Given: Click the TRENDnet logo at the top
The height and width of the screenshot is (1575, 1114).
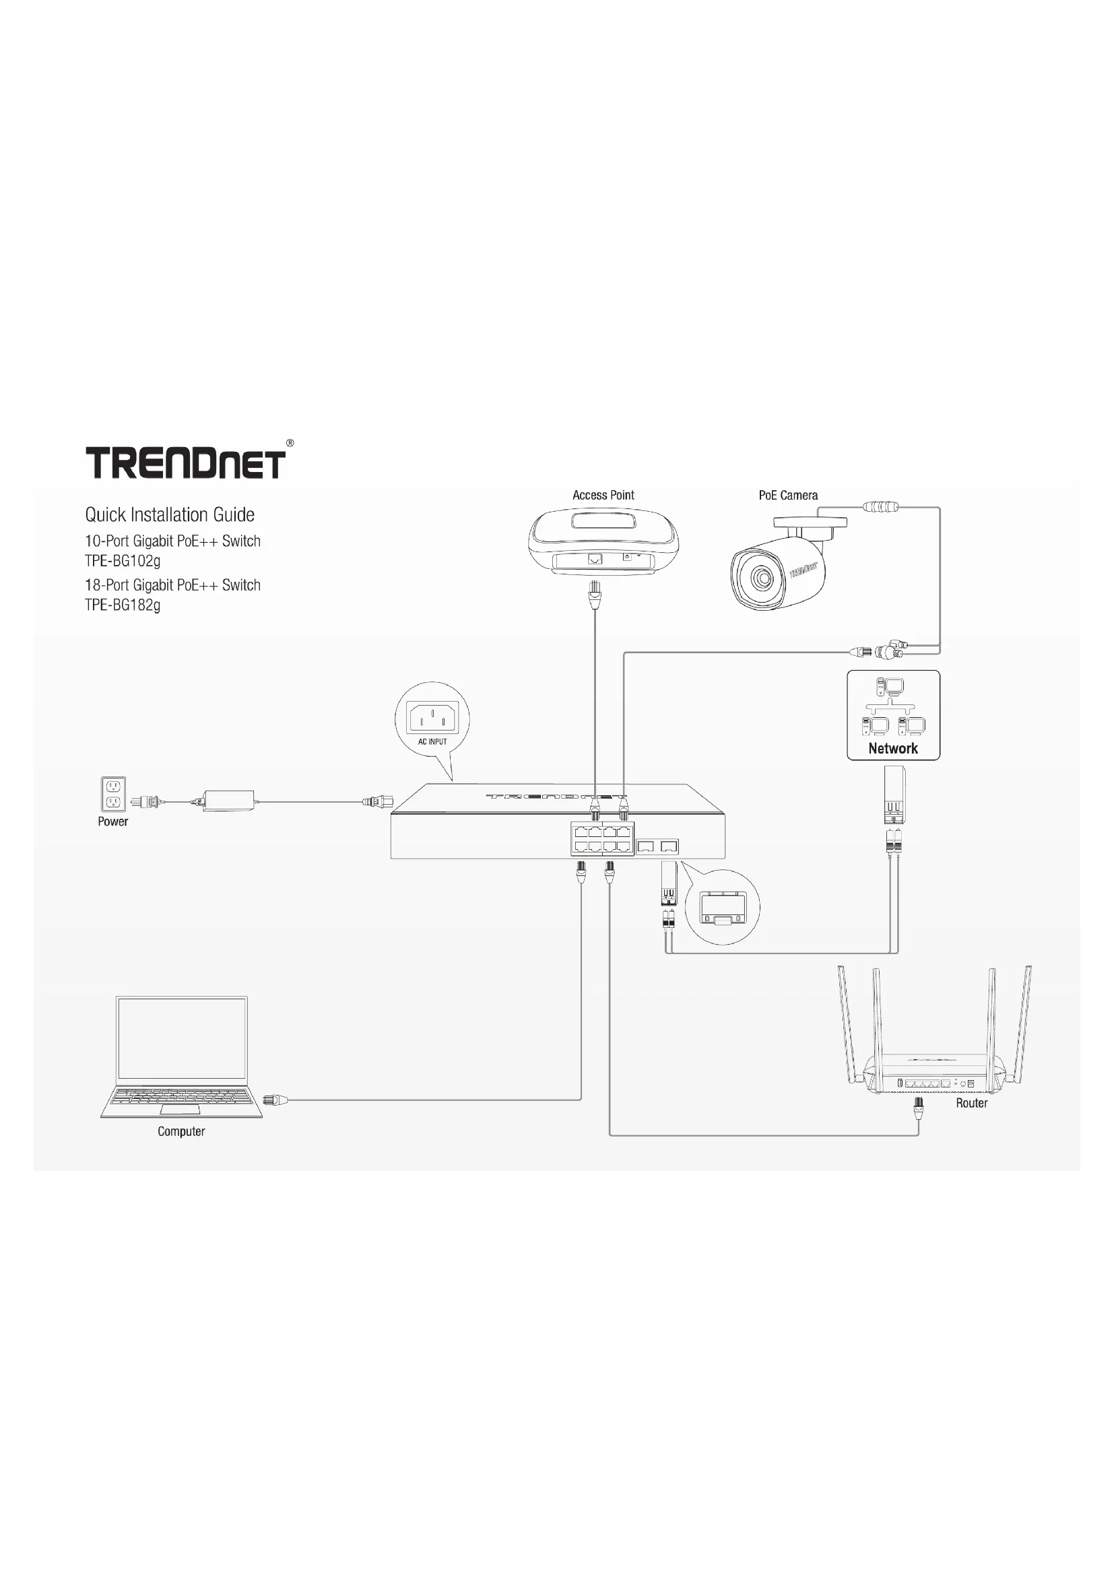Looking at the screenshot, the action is click(185, 463).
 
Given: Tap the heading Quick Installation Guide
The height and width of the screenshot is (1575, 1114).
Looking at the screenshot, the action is click(170, 514).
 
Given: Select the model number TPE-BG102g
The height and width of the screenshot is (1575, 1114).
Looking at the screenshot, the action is click(123, 560).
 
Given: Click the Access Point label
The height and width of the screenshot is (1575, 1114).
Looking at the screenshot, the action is click(603, 496).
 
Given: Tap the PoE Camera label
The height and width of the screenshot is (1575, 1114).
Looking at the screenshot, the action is click(787, 496).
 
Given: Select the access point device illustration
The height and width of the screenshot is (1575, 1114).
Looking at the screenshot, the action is click(603, 542).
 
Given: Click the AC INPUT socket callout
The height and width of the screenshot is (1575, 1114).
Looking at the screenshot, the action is click(432, 720).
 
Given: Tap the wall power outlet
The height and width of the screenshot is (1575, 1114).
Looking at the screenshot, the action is click(113, 795).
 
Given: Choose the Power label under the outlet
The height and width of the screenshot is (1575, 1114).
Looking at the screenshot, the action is click(113, 822).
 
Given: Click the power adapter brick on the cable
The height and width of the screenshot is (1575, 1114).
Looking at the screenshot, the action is click(228, 801).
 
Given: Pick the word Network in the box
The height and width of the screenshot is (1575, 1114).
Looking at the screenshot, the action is click(892, 748).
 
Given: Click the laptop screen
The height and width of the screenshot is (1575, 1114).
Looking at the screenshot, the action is click(182, 1038).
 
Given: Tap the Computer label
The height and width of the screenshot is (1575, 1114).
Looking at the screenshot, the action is click(181, 1131).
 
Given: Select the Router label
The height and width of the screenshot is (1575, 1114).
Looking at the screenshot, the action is click(971, 1103).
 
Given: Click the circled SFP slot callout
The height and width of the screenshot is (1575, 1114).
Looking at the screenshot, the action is click(722, 907).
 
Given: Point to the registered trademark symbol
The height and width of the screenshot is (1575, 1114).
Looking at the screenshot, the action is click(290, 444).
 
